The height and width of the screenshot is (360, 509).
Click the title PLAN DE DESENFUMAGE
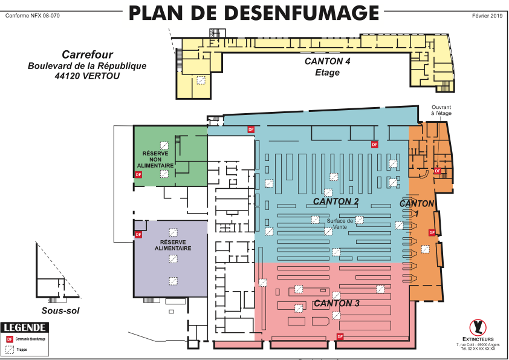pyautogui.click(x=254, y=13)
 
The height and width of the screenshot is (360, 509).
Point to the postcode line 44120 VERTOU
pyautogui.click(x=87, y=76)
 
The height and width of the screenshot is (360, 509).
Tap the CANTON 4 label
pyautogui.click(x=327, y=62)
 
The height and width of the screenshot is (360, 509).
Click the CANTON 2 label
pyautogui.click(x=336, y=201)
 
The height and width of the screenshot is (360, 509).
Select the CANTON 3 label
pyautogui.click(x=337, y=303)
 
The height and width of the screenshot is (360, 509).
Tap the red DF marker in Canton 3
pyautogui.click(x=340, y=336)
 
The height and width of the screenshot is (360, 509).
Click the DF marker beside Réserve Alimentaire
pyautogui.click(x=138, y=234)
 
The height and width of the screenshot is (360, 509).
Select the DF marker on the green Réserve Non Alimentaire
pyautogui.click(x=138, y=175)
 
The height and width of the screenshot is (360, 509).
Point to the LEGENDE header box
pyautogui.click(x=25, y=328)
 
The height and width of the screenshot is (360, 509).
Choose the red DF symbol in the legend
pyautogui.click(x=10, y=339)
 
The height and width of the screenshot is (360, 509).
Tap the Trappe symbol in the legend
pyautogui.click(x=10, y=349)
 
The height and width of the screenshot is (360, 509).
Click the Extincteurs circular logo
pyautogui.click(x=478, y=327)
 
